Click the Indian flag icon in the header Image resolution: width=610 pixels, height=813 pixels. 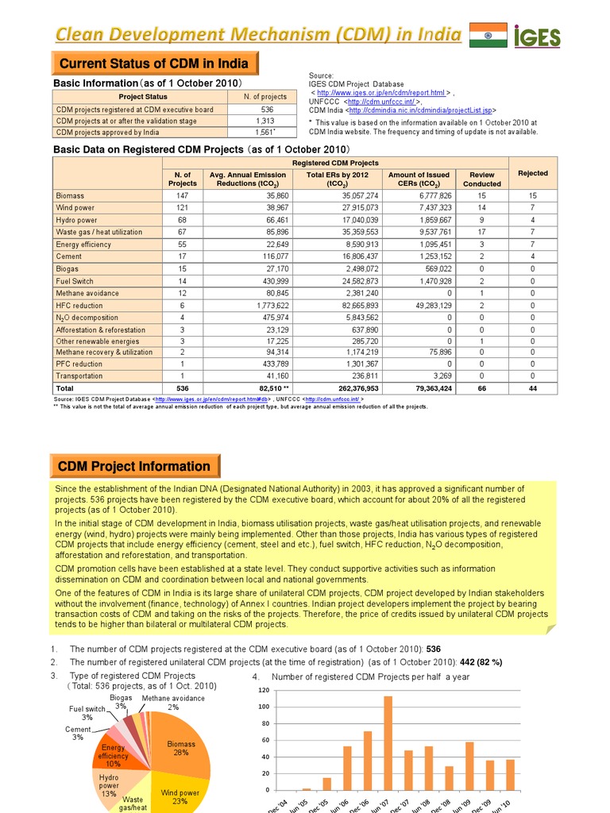click(x=488, y=35)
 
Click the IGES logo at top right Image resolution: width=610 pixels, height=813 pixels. click(x=539, y=36)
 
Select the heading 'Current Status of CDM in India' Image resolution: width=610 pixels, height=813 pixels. click(x=154, y=64)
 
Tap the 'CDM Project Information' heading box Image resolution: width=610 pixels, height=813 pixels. click(x=135, y=466)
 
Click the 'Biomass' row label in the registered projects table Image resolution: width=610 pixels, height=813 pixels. click(x=70, y=195)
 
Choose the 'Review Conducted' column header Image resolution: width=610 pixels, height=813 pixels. click(x=482, y=179)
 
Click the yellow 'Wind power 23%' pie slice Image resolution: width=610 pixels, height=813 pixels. click(x=181, y=794)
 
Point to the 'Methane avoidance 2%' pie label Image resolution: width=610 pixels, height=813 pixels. click(x=172, y=702)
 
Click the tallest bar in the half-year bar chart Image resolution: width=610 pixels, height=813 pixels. click(x=388, y=742)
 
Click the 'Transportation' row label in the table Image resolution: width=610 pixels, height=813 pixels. click(x=80, y=376)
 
